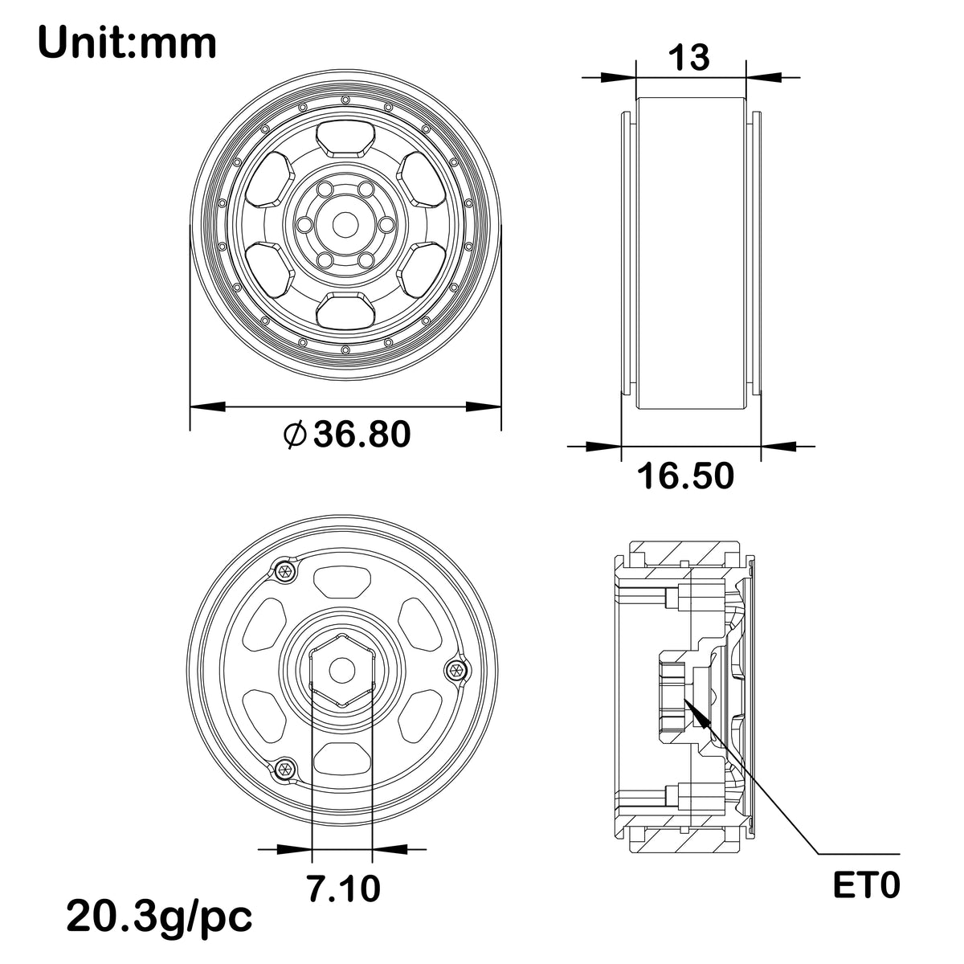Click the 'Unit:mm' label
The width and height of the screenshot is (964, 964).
127,43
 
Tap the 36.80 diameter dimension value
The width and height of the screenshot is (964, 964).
361,434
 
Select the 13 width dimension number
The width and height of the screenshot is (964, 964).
688,57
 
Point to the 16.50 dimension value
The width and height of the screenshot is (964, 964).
685,476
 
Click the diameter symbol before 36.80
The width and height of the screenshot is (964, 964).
295,435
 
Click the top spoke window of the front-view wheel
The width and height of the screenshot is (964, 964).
345,140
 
